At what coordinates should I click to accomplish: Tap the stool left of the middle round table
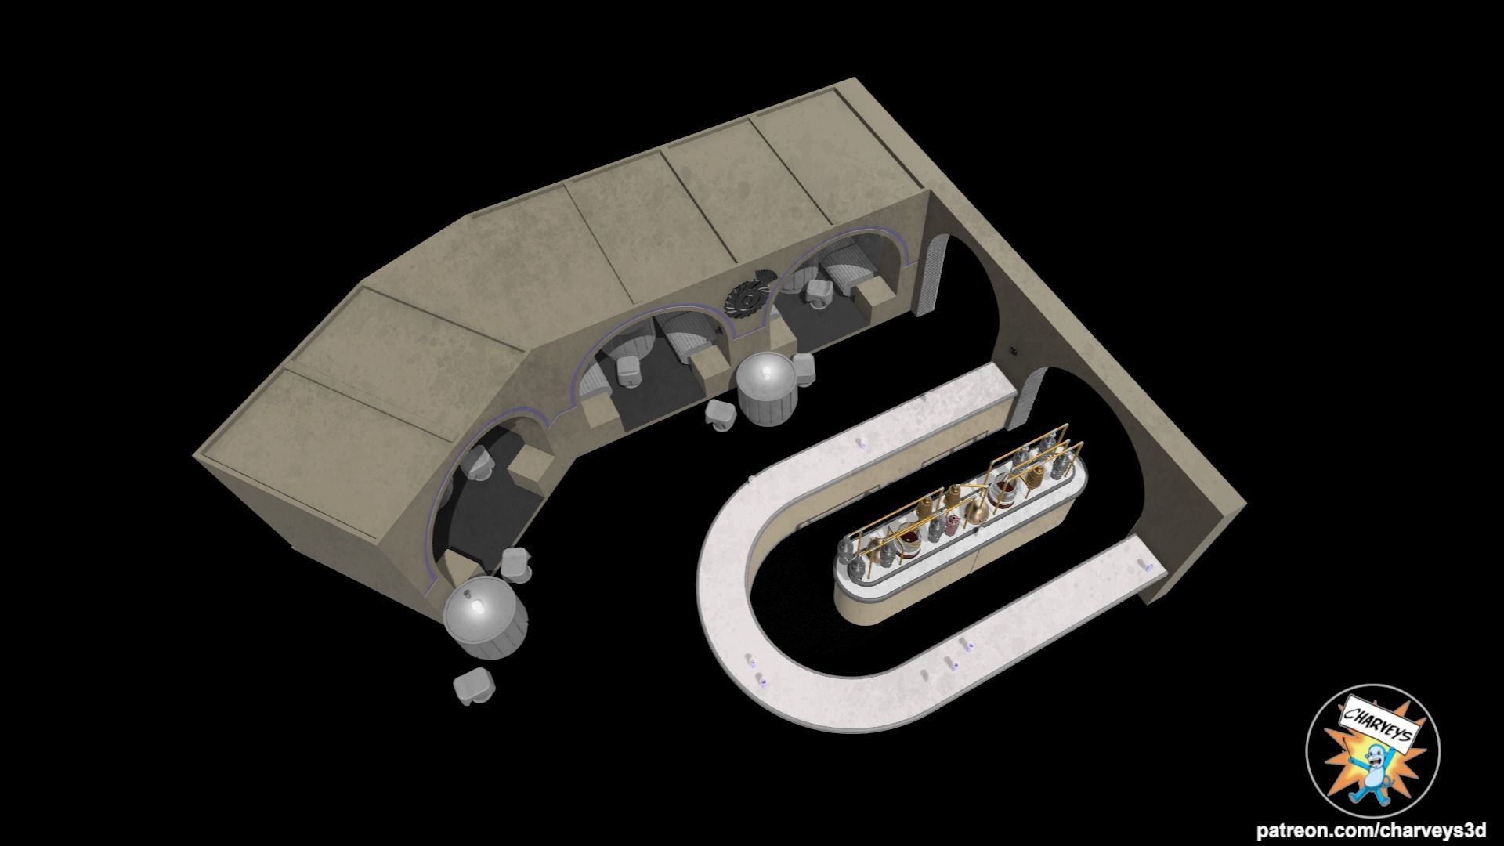[721, 414]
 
